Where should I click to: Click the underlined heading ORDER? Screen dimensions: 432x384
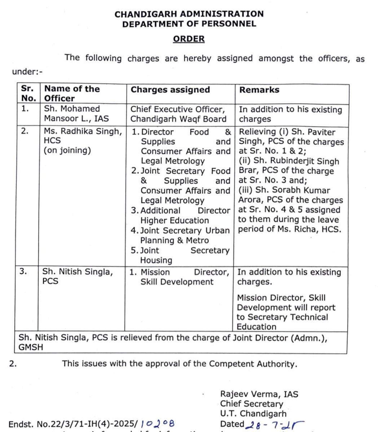[189, 39]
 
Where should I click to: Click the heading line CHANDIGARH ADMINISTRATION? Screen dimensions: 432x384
[189, 14]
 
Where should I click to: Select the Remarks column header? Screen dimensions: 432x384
[259, 90]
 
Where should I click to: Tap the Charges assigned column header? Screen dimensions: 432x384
[170, 90]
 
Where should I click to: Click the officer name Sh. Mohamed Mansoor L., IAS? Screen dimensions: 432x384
[76, 113]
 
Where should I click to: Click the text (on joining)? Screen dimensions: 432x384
[67, 150]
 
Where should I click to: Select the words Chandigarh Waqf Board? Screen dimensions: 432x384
[178, 119]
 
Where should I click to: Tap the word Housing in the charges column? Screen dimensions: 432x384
[156, 260]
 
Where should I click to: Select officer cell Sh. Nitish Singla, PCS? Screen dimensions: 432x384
[78, 276]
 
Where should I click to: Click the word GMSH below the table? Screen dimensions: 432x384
[31, 347]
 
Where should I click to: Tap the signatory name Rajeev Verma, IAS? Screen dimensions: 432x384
[259, 394]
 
